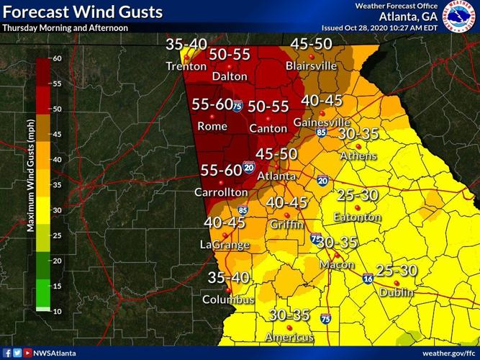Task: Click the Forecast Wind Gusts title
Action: click(x=82, y=12)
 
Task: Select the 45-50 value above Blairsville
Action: click(x=310, y=45)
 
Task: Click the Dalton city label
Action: click(x=230, y=76)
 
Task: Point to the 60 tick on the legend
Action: click(x=58, y=58)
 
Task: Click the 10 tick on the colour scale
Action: click(x=58, y=310)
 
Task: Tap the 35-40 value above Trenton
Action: click(x=186, y=44)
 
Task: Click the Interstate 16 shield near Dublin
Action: click(x=368, y=278)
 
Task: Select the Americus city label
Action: click(x=289, y=337)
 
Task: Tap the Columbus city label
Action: click(x=227, y=299)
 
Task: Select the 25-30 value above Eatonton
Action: click(x=358, y=196)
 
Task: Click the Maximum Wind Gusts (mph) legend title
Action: click(x=32, y=184)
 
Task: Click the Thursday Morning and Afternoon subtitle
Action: click(x=65, y=28)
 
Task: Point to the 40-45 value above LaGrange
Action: click(x=225, y=223)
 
